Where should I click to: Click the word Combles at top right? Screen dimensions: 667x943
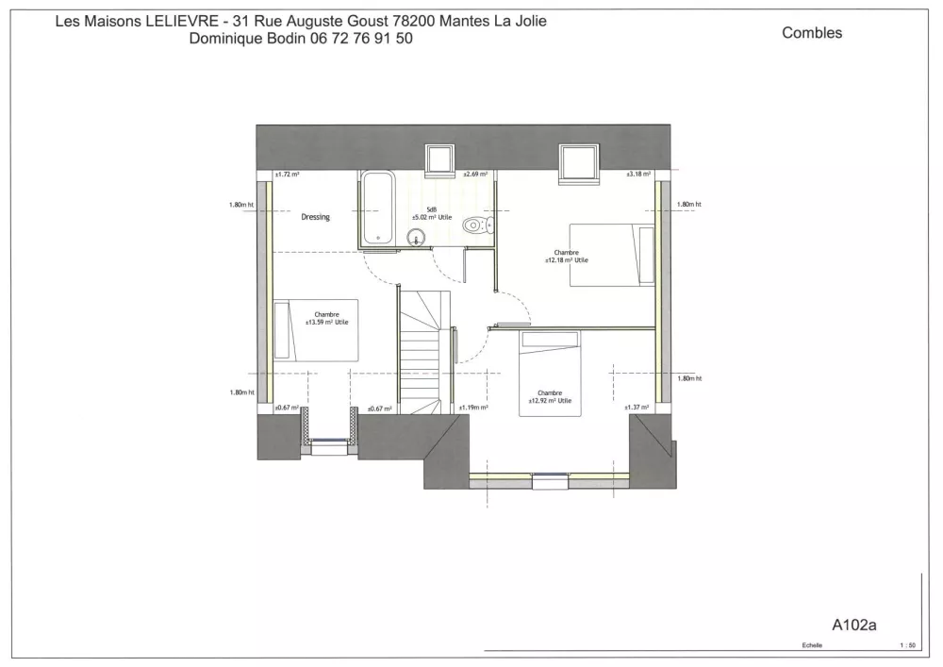(812, 33)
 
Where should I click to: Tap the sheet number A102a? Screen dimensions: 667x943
(854, 624)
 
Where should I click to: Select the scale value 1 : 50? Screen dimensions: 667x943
(908, 646)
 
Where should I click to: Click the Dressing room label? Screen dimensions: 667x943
(315, 217)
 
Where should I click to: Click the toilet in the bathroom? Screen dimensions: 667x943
(478, 225)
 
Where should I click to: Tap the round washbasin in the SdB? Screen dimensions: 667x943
(417, 236)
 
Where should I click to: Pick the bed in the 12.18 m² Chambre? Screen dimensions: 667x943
(612, 254)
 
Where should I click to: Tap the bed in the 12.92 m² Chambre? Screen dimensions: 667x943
(550, 374)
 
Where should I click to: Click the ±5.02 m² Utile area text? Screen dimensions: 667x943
(431, 217)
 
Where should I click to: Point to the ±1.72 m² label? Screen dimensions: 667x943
(287, 175)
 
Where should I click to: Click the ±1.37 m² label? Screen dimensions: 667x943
(637, 408)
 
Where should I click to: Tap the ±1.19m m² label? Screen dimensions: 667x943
(472, 409)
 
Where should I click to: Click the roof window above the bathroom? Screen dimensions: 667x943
(439, 159)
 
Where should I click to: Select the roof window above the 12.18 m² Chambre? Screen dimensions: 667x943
(578, 161)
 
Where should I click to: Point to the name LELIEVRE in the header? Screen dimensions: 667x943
(175, 21)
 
